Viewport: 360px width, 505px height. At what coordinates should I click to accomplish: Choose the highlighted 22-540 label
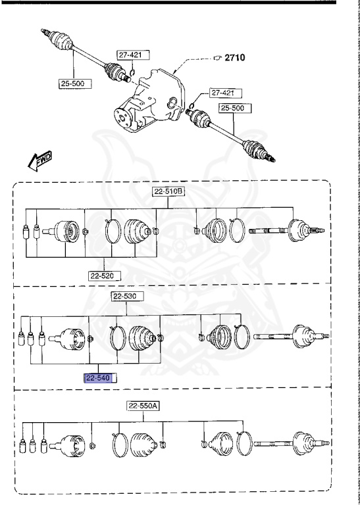(x=100, y=377)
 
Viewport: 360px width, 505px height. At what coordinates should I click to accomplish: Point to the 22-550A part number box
(x=143, y=406)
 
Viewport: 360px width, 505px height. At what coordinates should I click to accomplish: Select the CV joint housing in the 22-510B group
(x=66, y=231)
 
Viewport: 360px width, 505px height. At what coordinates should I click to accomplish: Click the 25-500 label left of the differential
(x=73, y=84)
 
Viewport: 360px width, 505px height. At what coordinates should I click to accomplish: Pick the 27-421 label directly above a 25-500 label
(x=222, y=93)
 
